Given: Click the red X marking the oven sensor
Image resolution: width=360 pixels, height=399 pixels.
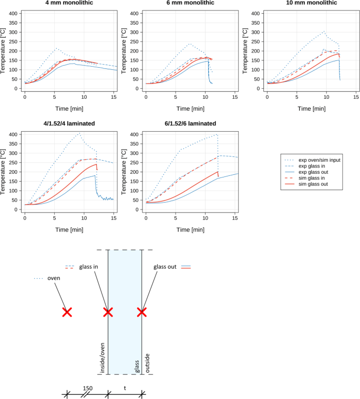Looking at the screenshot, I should click(x=67, y=312).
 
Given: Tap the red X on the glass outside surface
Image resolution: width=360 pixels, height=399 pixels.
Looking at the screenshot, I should click(x=141, y=312).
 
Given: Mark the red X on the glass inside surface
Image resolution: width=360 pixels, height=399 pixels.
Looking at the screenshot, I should click(x=108, y=312).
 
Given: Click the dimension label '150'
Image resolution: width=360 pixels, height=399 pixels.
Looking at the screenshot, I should click(x=88, y=388).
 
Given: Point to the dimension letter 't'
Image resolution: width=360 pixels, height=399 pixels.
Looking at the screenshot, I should click(x=125, y=388).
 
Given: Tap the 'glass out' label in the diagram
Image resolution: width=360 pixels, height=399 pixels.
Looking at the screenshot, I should click(x=166, y=267).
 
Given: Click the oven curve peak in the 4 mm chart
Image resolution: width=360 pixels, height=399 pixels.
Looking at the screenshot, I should click(x=56, y=49).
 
